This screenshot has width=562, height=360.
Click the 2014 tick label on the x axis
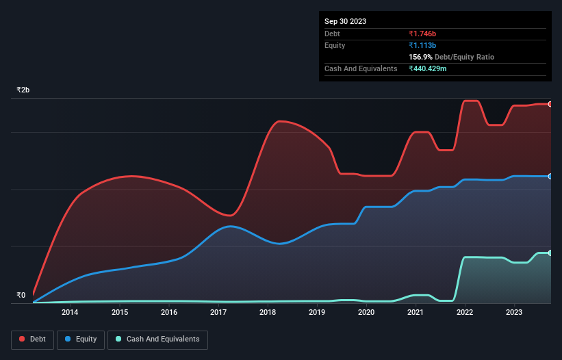click(x=69, y=313)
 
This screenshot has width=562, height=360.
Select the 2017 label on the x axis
click(x=218, y=313)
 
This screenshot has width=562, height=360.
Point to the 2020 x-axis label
click(x=366, y=313)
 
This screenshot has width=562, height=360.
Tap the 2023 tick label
click(x=514, y=313)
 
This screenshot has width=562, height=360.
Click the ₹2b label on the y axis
click(x=23, y=90)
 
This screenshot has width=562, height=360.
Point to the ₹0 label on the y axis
click(x=21, y=296)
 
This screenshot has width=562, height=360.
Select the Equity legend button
click(x=81, y=339)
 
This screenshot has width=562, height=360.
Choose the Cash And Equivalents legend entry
click(x=157, y=339)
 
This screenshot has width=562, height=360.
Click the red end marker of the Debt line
click(x=550, y=104)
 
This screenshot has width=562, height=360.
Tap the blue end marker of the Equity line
click(x=550, y=177)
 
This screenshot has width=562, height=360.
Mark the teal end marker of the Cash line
click(x=550, y=253)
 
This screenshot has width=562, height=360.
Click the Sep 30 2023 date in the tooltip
click(x=345, y=21)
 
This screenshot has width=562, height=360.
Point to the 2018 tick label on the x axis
click(x=268, y=313)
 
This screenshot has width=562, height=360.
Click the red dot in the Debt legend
click(x=22, y=339)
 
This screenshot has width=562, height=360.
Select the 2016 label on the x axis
click(x=169, y=313)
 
